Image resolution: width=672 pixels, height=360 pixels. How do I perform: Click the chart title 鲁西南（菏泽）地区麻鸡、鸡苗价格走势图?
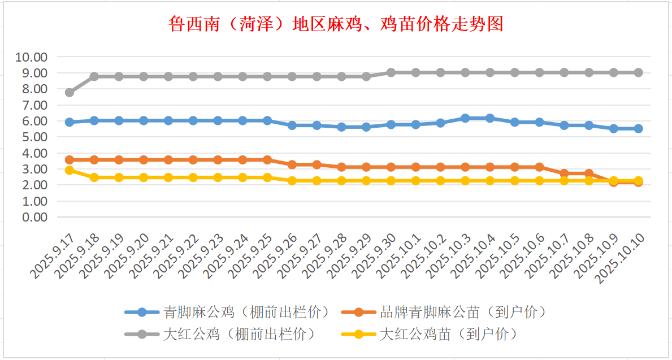coord(336,24)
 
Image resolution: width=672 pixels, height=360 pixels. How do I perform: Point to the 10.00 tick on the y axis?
coord(32,57)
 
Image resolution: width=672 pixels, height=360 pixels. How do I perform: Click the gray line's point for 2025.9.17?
coord(70,92)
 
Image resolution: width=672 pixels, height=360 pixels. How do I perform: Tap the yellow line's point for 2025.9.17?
coord(70,170)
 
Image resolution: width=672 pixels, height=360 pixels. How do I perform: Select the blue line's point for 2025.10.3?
coord(465,118)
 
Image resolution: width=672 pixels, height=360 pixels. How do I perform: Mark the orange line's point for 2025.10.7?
coord(564,174)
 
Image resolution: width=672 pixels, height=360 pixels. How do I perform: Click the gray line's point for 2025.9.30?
coord(391,72)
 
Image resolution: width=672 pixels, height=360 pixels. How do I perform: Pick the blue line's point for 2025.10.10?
coord(638,128)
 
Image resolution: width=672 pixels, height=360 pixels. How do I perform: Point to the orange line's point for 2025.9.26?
coord(292,164)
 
